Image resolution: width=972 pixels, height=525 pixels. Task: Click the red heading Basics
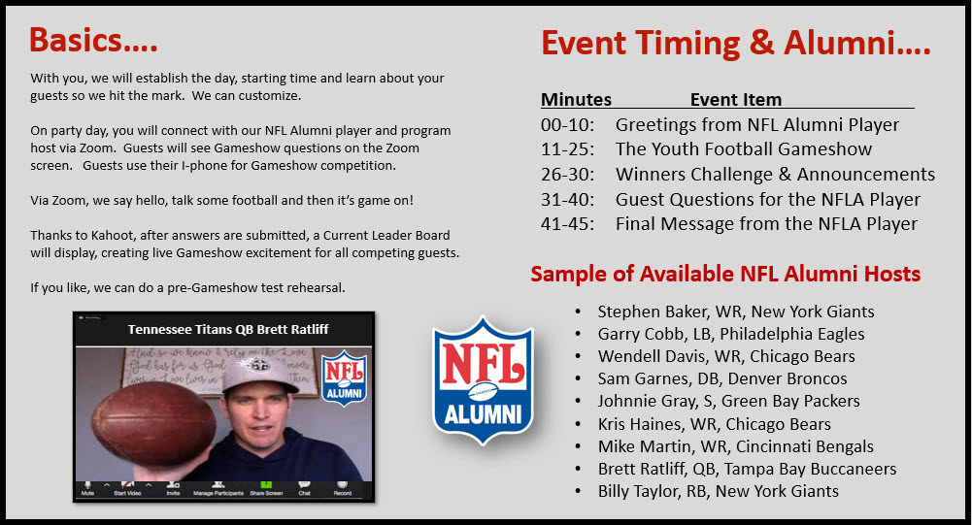[93, 41]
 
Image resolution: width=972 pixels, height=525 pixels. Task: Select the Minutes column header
[576, 99]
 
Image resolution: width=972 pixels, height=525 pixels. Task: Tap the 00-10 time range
[567, 124]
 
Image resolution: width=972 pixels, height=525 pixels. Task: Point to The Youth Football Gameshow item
[743, 149]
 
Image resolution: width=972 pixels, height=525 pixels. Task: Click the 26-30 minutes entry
[567, 174]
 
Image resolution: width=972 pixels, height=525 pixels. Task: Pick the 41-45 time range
[567, 224]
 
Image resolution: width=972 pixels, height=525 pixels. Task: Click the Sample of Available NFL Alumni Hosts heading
[725, 274]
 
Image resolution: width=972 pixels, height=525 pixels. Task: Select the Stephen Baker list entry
[736, 312]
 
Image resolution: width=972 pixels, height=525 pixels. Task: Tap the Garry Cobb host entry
[731, 334]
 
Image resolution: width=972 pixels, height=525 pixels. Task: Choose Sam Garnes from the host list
[722, 378]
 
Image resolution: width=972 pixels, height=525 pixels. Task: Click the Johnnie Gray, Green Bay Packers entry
[728, 401]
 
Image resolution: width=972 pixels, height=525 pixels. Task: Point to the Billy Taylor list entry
[718, 491]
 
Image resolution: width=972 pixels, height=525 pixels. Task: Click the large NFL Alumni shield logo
[483, 381]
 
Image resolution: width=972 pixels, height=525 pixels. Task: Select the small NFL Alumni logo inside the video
[344, 377]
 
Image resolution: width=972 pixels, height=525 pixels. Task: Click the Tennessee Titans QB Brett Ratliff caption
[228, 329]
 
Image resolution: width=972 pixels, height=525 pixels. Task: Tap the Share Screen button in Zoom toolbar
[266, 488]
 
